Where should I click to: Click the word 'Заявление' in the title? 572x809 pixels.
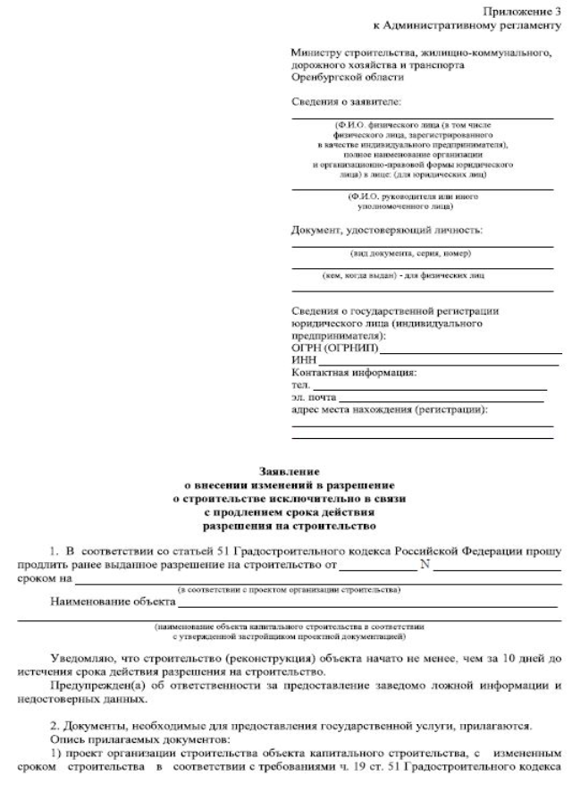tap(287, 470)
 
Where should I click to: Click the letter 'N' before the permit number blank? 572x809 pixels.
tap(425, 565)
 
